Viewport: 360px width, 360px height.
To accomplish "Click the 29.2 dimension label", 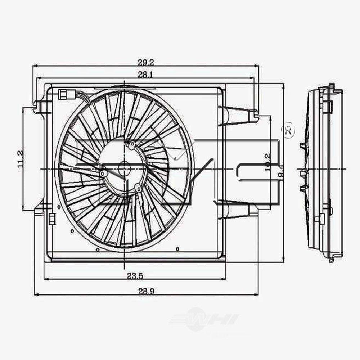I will [145, 62].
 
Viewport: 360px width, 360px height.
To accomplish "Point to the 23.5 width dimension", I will [135, 276].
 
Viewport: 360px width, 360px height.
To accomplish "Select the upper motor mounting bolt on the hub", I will [131, 145].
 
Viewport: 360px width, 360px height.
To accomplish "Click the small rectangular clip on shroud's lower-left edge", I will [51, 217].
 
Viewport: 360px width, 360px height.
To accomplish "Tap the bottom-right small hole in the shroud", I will [177, 248].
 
